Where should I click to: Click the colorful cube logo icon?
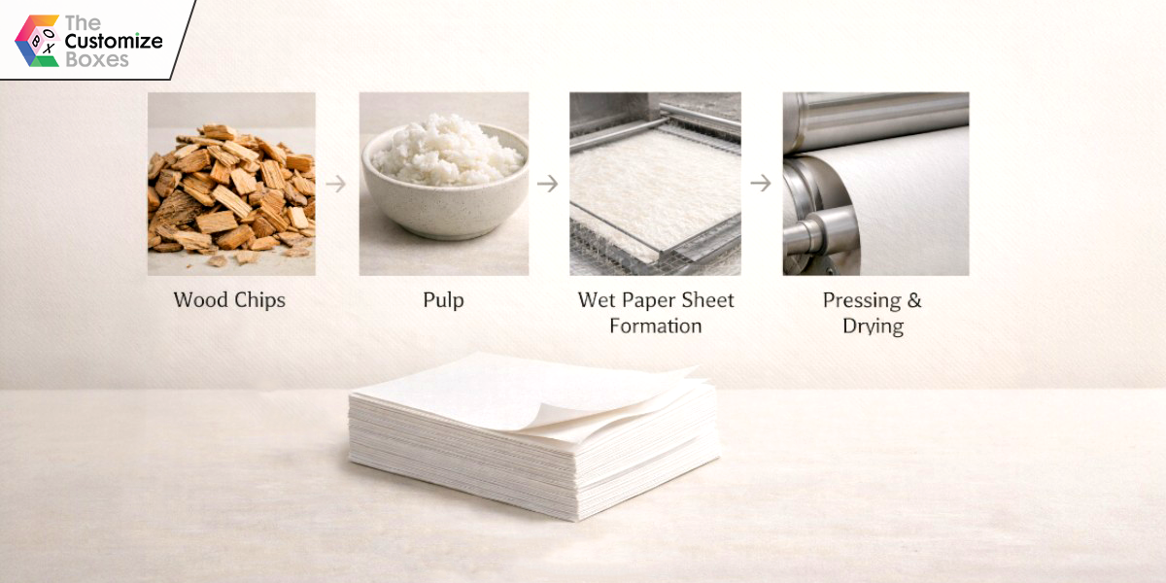pyautogui.click(x=37, y=41)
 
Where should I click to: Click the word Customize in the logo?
pyautogui.click(x=114, y=41)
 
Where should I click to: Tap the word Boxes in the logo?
pyautogui.click(x=97, y=60)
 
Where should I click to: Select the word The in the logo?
pyautogui.click(x=83, y=23)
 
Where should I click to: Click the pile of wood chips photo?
pyautogui.click(x=231, y=184)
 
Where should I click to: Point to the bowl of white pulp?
pyautogui.click(x=444, y=176)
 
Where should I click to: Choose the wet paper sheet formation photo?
pyautogui.click(x=655, y=184)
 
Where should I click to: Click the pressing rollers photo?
pyautogui.click(x=876, y=184)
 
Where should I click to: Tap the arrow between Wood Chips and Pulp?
pyautogui.click(x=336, y=184)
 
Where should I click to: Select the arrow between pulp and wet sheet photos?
pyautogui.click(x=548, y=184)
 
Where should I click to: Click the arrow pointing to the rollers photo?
pyautogui.click(x=761, y=183)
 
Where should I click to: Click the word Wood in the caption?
pyautogui.click(x=200, y=300)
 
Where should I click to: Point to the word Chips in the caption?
pyautogui.click(x=259, y=301)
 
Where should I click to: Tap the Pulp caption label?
pyautogui.click(x=443, y=301)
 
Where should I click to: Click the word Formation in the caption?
pyautogui.click(x=655, y=326)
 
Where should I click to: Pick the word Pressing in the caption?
pyautogui.click(x=862, y=301)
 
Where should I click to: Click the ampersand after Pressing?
pyautogui.click(x=914, y=300)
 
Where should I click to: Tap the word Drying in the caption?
pyautogui.click(x=873, y=326)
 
